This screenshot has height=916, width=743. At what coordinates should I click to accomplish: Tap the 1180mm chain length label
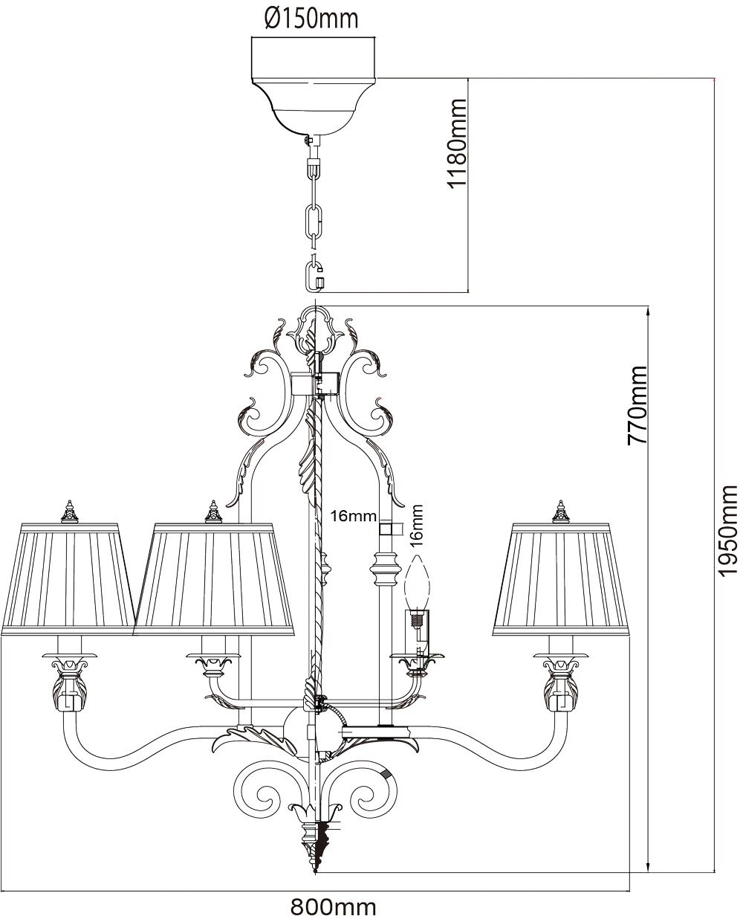(x=455, y=143)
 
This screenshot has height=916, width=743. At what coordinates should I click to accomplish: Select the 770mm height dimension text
(x=637, y=404)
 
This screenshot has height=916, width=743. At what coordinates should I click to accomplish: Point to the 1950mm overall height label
(x=727, y=527)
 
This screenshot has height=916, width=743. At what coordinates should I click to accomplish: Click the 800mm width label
(x=334, y=905)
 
